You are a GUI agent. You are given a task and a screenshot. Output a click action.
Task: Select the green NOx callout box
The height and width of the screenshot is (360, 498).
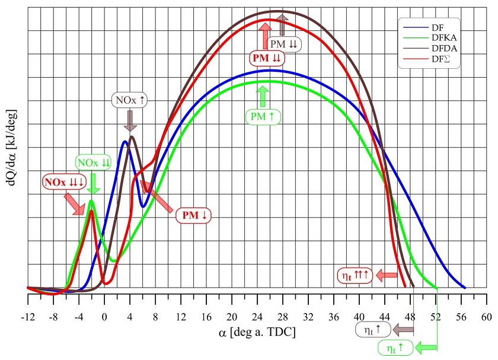93,163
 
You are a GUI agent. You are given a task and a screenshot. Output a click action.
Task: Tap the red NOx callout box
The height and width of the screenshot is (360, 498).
64,181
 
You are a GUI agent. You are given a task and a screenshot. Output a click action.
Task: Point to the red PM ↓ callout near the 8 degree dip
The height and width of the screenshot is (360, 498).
194,214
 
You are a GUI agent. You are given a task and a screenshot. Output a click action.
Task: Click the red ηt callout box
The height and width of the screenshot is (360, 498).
354,275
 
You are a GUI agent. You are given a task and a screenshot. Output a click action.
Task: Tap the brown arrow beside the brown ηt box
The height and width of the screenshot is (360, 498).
404,327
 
